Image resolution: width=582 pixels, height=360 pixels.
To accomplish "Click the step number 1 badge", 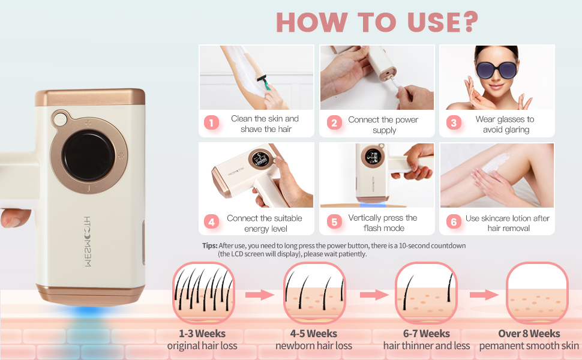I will [211, 123].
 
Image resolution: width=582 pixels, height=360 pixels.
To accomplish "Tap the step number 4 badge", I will [211, 222].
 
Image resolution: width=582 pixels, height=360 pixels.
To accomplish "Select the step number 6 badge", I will [454, 222].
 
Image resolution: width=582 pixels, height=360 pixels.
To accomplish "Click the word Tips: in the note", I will [209, 246].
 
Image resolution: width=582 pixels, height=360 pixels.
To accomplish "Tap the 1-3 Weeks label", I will [202, 334].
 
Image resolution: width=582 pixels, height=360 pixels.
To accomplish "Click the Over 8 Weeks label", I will [529, 334].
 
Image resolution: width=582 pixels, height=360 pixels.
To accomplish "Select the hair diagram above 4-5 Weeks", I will [313, 293].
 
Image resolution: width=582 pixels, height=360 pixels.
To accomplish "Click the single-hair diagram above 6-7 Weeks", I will [425, 293].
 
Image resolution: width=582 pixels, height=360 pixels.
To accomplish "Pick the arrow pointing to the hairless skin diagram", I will [484, 295].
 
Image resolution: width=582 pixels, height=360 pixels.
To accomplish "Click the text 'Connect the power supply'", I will [384, 124].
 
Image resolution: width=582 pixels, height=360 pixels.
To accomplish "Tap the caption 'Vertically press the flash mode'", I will [383, 223].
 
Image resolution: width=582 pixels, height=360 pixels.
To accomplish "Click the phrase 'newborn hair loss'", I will [313, 346].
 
